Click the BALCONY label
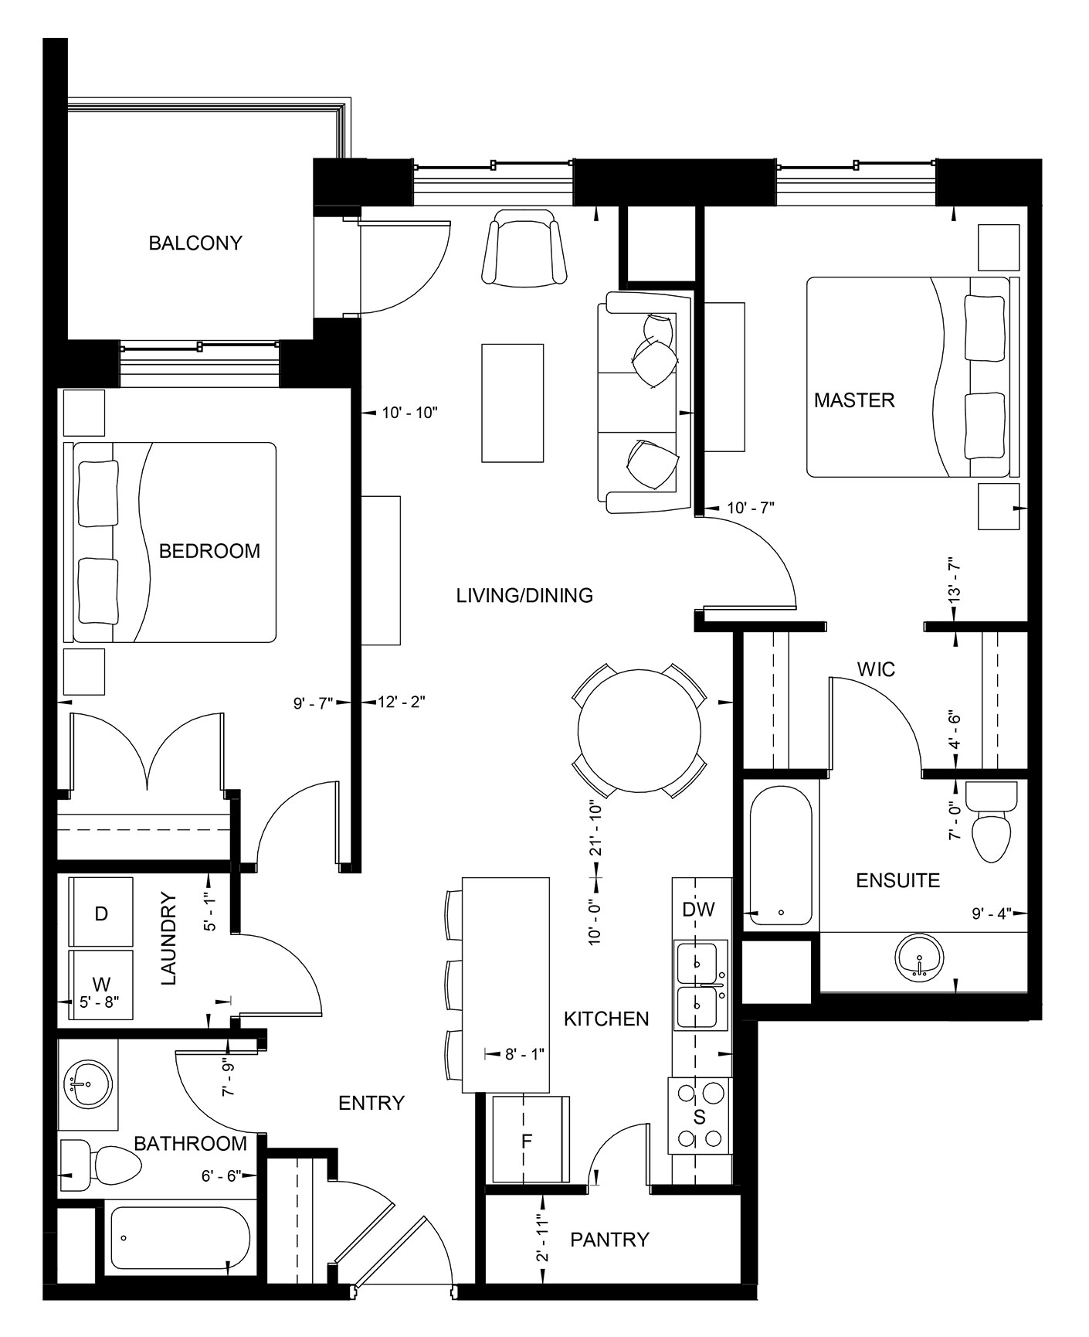tap(195, 243)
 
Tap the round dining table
tap(639, 730)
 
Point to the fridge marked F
tap(528, 1140)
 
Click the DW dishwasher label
tap(698, 910)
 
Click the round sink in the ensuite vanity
tap(919, 958)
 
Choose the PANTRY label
tap(609, 1240)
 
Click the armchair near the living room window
tap(524, 249)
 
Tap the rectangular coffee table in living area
tap(512, 403)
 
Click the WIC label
tap(876, 669)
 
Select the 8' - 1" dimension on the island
tap(524, 1053)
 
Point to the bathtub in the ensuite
tap(781, 855)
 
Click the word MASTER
tap(854, 400)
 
